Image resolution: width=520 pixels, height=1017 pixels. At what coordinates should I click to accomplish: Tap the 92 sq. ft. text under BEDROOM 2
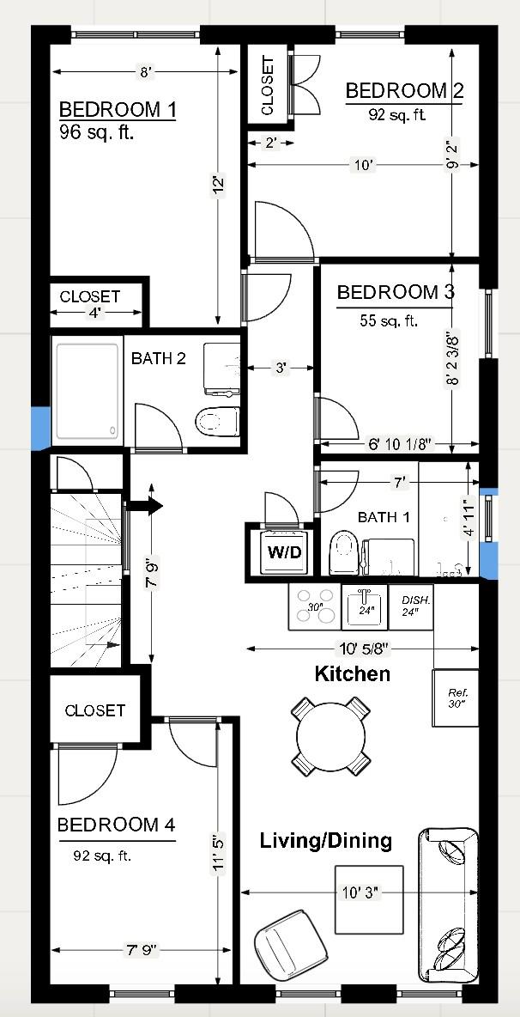[x=397, y=114]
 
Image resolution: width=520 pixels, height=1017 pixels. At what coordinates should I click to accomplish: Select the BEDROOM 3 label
[x=395, y=292]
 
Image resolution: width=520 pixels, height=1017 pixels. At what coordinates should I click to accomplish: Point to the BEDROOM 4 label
[x=116, y=825]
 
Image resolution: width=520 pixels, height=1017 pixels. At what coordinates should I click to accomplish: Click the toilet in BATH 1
[x=343, y=553]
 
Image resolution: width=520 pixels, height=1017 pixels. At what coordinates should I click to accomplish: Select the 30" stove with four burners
[x=314, y=606]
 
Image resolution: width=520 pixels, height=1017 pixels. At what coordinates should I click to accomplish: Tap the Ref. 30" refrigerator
[x=456, y=697]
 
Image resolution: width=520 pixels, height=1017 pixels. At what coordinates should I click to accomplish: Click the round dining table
[x=330, y=735]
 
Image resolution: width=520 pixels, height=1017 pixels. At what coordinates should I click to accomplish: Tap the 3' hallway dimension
[x=280, y=368]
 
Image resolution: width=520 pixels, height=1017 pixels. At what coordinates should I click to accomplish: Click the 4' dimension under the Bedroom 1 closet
[x=95, y=314]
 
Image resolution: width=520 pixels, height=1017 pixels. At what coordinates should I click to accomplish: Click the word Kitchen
[x=353, y=674]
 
